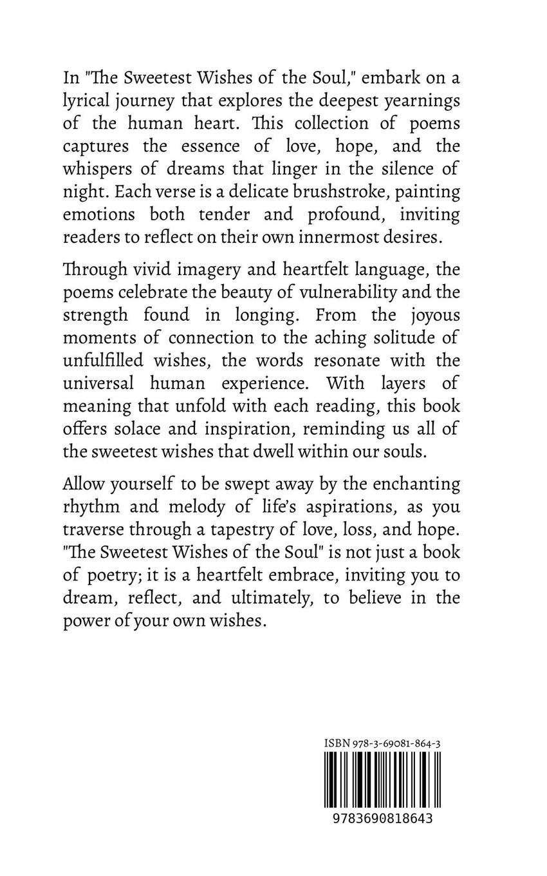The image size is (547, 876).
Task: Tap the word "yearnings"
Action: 424,102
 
